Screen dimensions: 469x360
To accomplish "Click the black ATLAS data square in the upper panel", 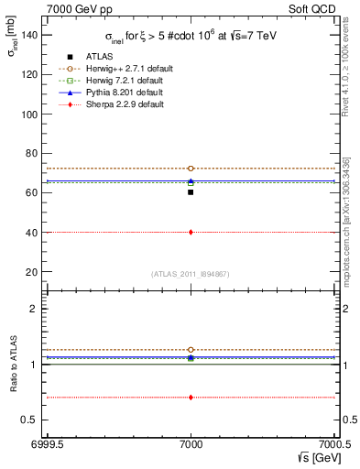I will tap(191, 192).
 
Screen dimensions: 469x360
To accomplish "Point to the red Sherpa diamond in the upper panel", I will tap(191, 232).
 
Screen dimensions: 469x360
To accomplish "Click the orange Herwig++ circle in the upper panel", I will tap(191, 169).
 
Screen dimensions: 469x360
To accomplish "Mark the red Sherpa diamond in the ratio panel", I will tap(191, 398).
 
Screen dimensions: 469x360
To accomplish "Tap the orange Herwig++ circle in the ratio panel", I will tap(191, 350).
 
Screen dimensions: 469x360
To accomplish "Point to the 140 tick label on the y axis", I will tap(31, 35).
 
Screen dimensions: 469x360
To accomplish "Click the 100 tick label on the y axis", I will tap(31, 115).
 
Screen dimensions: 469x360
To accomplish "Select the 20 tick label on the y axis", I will tap(34, 272).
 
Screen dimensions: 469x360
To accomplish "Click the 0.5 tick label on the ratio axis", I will tap(33, 420).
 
